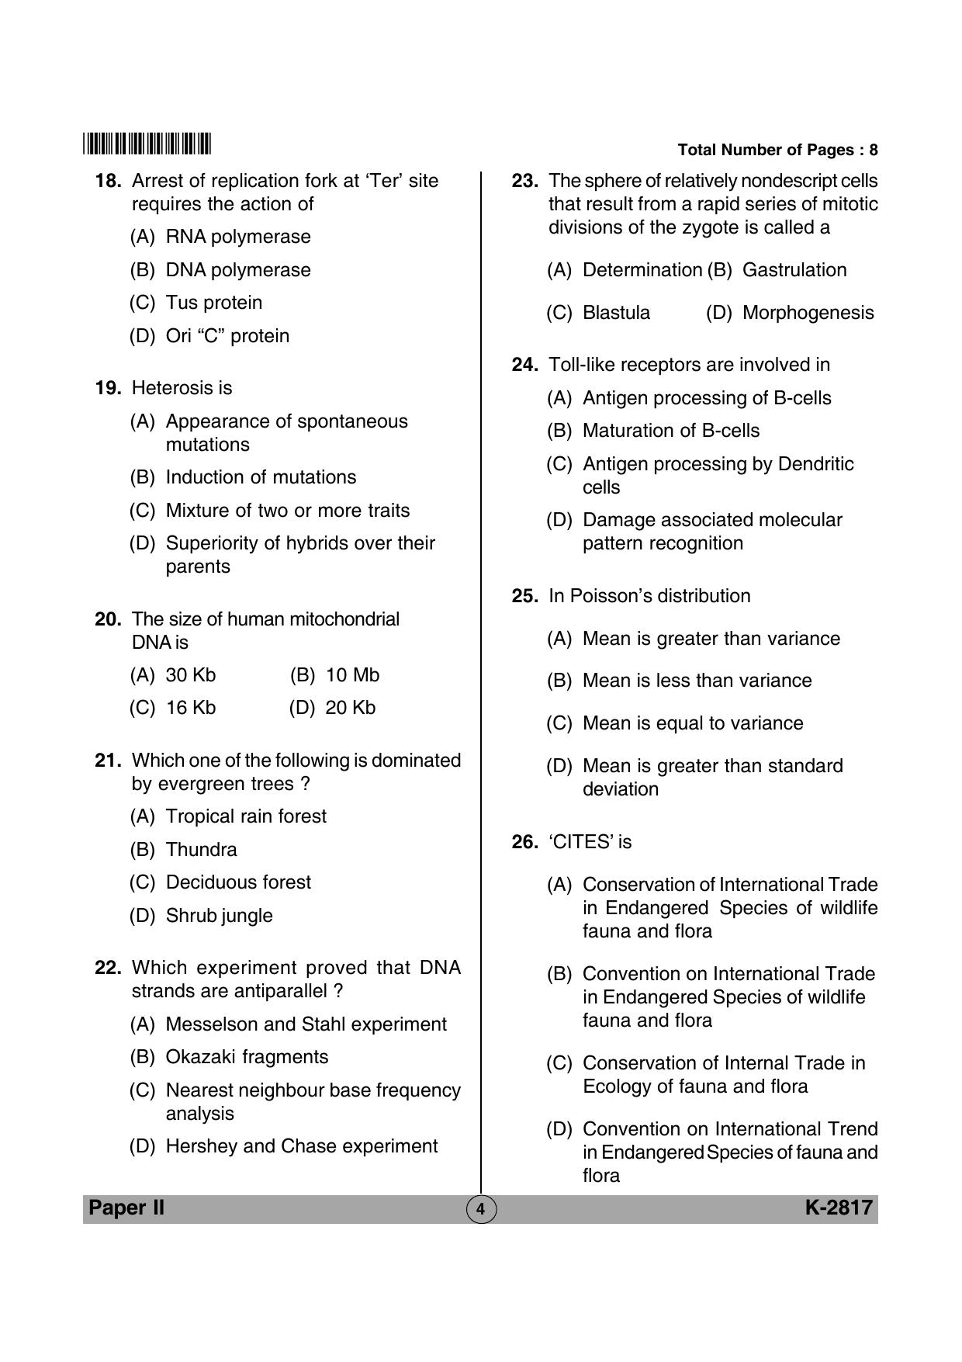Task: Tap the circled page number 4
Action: [x=480, y=1209]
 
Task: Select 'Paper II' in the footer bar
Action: [x=126, y=1208]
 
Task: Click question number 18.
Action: [x=108, y=181]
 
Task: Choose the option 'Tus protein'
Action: [x=213, y=303]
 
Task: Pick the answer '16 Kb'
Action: [x=190, y=708]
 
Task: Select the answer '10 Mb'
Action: [x=352, y=675]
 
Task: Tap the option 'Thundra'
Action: [x=201, y=850]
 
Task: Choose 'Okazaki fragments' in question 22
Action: [x=247, y=1057]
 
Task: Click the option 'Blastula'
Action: [x=616, y=313]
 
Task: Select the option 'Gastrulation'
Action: [x=794, y=270]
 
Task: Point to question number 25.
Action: [x=524, y=596]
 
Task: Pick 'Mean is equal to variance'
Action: [x=692, y=723]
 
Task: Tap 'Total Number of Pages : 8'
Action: [x=777, y=150]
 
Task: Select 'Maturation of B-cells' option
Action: [x=670, y=431]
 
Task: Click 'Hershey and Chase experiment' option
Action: [x=301, y=1146]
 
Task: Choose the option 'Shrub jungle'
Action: [x=219, y=916]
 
